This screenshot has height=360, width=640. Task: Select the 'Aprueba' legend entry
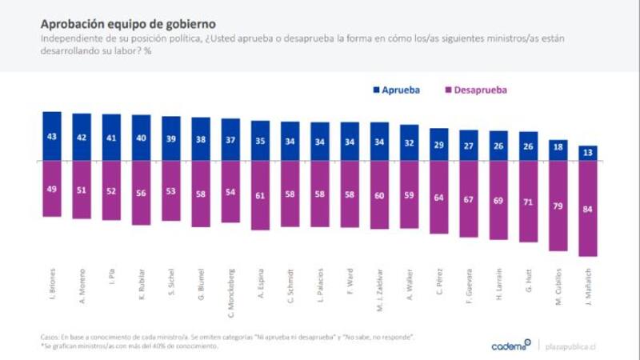(402, 90)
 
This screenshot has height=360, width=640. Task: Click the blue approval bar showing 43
(52, 136)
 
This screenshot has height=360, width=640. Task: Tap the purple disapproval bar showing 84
(588, 208)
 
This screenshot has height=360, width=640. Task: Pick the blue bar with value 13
(588, 153)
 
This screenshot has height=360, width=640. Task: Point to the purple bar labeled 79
(558, 204)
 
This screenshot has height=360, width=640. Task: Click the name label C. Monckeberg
(231, 288)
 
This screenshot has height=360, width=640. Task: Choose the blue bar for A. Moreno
(82, 137)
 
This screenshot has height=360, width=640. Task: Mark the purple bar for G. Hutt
(529, 201)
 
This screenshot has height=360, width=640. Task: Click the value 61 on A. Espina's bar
(261, 194)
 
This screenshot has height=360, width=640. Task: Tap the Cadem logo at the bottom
(510, 346)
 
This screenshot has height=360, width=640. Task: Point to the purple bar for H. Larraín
(498, 200)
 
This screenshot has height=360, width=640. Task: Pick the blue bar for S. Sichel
(171, 138)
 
